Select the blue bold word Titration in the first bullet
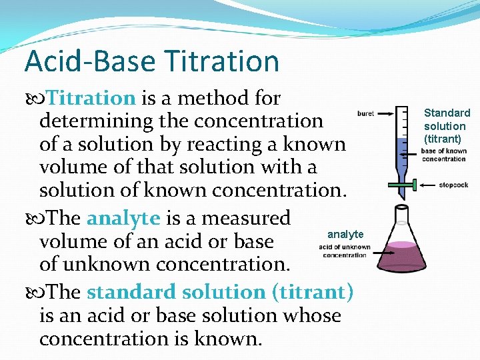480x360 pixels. [92, 99]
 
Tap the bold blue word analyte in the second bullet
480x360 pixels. [123, 218]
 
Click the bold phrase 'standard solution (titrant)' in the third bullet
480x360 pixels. [220, 292]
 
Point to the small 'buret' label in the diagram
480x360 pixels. [365, 113]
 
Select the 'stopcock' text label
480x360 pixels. [454, 184]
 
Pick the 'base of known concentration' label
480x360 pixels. [443, 155]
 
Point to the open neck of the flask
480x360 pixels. [401, 210]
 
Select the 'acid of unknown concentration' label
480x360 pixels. [344, 251]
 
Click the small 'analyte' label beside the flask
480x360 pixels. [345, 234]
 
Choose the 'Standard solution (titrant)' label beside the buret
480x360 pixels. [447, 125]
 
